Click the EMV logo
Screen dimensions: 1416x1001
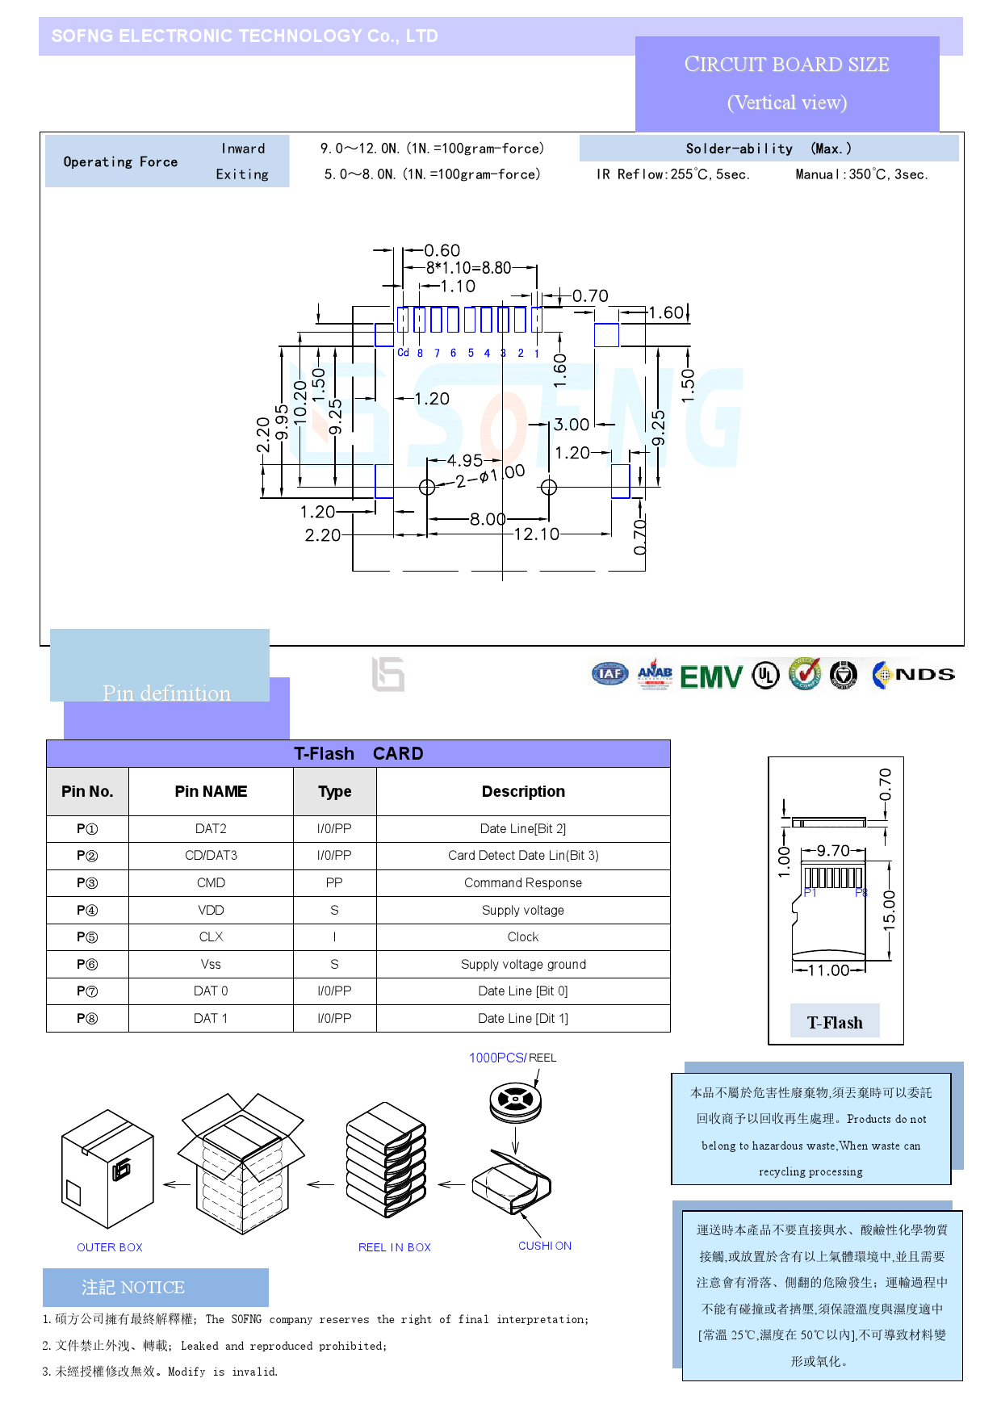tap(710, 677)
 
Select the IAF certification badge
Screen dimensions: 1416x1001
tap(609, 674)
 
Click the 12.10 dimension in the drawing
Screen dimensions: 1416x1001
tap(536, 534)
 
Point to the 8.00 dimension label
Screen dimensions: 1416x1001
tap(488, 519)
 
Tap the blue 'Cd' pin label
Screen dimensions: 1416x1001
tap(403, 353)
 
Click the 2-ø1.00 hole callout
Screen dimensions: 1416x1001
tap(490, 476)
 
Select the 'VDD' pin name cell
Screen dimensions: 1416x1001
tap(211, 911)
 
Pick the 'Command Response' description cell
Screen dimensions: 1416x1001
tap(523, 883)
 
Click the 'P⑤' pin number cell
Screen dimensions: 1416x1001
tap(87, 937)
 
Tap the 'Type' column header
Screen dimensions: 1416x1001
tap(334, 792)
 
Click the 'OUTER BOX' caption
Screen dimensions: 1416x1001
tap(110, 1247)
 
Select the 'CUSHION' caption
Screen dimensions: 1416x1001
tap(545, 1246)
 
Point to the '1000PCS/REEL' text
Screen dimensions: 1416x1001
tap(513, 1058)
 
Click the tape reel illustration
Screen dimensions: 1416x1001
tap(515, 1101)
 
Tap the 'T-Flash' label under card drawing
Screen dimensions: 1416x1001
tap(835, 1023)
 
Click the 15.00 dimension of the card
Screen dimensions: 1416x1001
tap(889, 911)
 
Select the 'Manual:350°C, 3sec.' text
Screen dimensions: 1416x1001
tap(861, 174)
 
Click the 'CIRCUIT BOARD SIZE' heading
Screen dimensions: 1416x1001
tap(786, 65)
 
